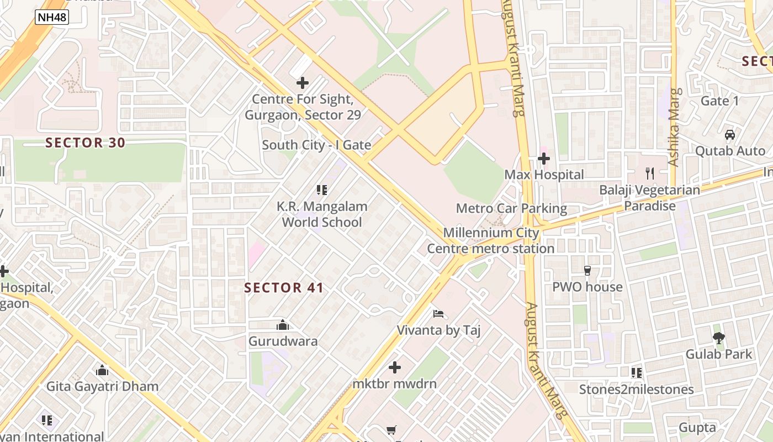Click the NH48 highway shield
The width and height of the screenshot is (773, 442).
pyautogui.click(x=52, y=17)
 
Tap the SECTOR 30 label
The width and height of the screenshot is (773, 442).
pyautogui.click(x=86, y=143)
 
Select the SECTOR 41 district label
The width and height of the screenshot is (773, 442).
pyautogui.click(x=284, y=288)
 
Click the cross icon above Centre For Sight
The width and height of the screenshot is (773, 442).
pyautogui.click(x=303, y=83)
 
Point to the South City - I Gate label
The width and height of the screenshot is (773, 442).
pyautogui.click(x=316, y=145)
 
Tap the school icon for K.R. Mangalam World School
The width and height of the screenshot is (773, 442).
pyautogui.click(x=322, y=191)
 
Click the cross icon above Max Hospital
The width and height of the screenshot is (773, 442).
pyautogui.click(x=544, y=159)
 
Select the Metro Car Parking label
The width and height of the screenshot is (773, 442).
pyautogui.click(x=511, y=208)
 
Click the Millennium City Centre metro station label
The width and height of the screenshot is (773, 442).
pyautogui.click(x=491, y=240)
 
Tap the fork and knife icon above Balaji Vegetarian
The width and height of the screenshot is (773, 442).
pyautogui.click(x=650, y=173)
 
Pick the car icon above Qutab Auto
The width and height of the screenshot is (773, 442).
pyautogui.click(x=730, y=135)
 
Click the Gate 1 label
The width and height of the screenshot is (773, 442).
pyautogui.click(x=719, y=101)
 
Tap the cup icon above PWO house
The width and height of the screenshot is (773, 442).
pyautogui.click(x=587, y=271)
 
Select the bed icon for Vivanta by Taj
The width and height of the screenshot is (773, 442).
pyautogui.click(x=438, y=314)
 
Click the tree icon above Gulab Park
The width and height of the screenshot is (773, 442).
pyautogui.click(x=718, y=338)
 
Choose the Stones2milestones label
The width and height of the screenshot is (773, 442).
pyautogui.click(x=636, y=390)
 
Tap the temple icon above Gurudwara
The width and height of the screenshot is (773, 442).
pyautogui.click(x=283, y=325)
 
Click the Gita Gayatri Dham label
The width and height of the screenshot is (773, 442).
pyautogui.click(x=102, y=386)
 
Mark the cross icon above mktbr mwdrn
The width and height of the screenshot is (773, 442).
pyautogui.click(x=395, y=367)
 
